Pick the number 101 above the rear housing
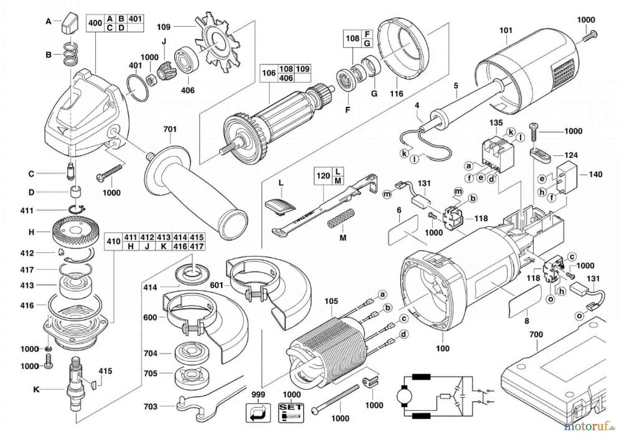click(x=506, y=30)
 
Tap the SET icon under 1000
click(x=291, y=412)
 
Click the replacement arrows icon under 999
click(x=258, y=412)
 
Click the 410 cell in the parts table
click(x=113, y=241)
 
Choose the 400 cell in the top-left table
click(x=95, y=23)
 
